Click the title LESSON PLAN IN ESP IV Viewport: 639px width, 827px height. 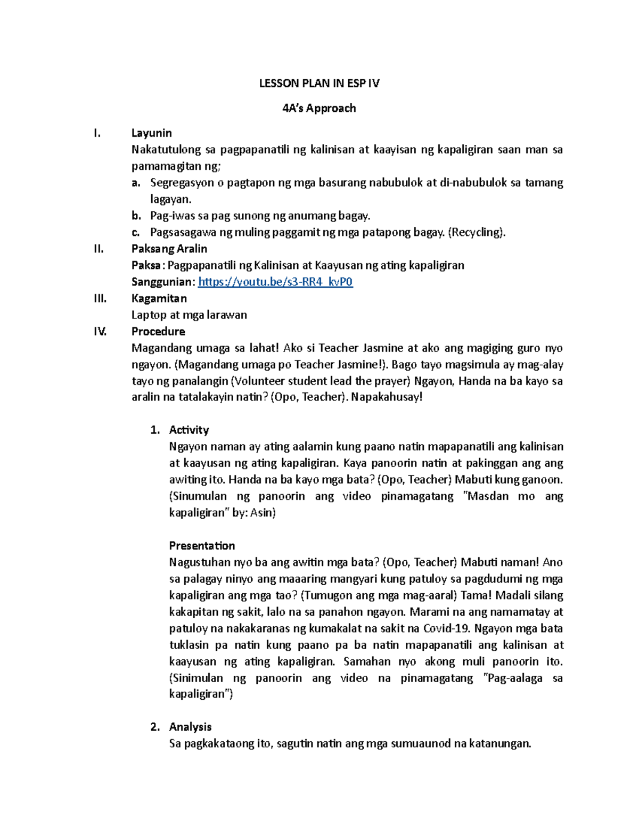[319, 83]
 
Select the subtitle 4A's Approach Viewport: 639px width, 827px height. [319, 108]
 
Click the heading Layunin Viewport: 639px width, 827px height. [151, 133]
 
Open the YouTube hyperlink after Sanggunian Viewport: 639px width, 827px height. [275, 282]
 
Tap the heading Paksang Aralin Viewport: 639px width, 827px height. [169, 249]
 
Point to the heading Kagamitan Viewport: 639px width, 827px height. [159, 298]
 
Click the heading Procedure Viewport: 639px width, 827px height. [158, 331]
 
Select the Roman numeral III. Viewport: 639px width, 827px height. [100, 298]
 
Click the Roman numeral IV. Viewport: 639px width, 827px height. [100, 331]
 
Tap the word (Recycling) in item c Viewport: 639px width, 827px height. [477, 232]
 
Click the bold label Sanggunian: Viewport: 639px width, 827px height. [163, 282]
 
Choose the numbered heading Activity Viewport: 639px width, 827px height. [189, 430]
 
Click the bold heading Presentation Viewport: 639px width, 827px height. [202, 545]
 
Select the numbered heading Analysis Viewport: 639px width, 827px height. [190, 727]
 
